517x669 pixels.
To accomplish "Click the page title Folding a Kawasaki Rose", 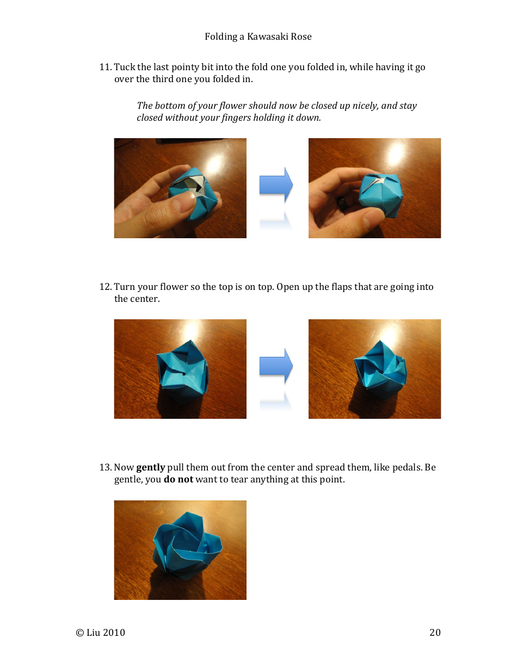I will tap(258, 36).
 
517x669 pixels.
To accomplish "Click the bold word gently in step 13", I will tap(150, 468).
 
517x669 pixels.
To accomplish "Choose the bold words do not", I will tap(178, 480).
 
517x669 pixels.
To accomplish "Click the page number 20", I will tap(435, 632).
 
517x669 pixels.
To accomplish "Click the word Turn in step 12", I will tap(124, 287).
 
